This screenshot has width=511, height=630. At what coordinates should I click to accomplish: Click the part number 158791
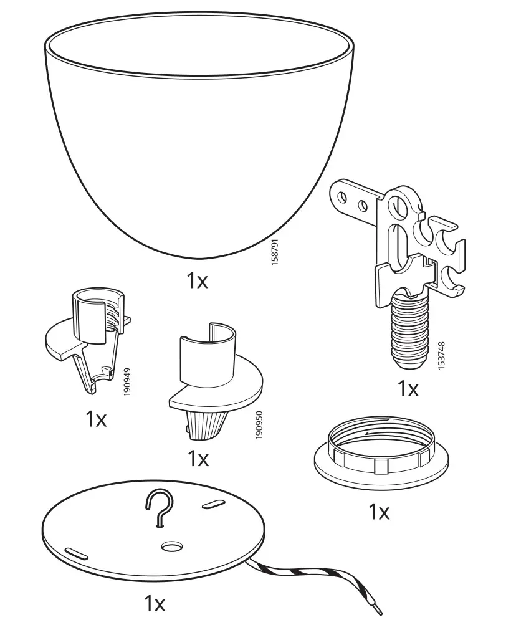(x=275, y=254)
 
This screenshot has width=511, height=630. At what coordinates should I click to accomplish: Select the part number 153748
(x=441, y=356)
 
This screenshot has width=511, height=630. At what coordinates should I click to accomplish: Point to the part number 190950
(x=259, y=425)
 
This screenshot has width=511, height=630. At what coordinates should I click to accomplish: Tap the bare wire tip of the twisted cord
(x=378, y=609)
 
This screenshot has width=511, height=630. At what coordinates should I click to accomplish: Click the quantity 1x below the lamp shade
(x=197, y=281)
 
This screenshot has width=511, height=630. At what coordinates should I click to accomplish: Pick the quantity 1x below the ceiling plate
(x=155, y=604)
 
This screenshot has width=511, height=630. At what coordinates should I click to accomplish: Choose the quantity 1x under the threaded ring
(x=378, y=512)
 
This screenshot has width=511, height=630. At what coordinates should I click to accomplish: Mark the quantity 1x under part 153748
(x=408, y=389)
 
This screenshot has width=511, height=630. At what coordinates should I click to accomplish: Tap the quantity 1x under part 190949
(x=96, y=419)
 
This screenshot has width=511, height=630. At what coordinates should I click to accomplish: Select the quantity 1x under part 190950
(x=198, y=459)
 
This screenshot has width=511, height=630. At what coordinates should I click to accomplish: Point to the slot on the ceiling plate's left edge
(x=75, y=552)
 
